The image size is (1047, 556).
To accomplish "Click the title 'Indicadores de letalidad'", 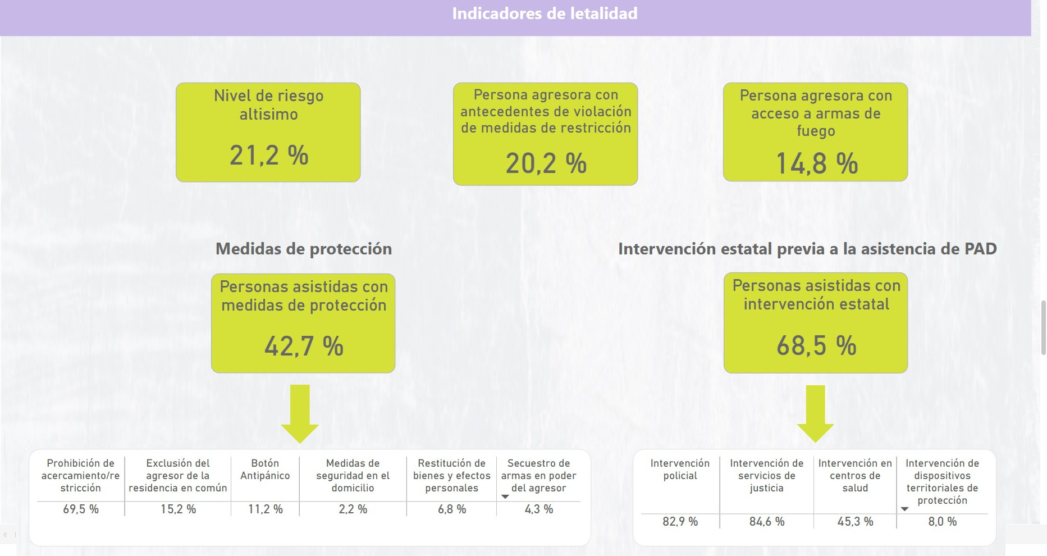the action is coord(545,13).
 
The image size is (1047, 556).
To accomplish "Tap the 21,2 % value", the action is coord(269,156).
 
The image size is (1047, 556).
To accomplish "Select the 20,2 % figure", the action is coord(546,163).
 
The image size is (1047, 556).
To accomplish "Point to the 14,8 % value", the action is coord(816,164).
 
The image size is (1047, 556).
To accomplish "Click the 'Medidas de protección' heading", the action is coord(304,249).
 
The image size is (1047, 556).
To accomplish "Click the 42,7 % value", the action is coord(304,346).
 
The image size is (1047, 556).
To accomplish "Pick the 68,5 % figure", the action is coord(816,345).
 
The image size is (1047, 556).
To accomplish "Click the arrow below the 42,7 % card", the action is coord(300,414).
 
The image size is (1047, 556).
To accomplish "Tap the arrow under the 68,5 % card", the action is coord(815,414).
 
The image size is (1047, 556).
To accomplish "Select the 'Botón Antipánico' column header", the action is coord(265,470).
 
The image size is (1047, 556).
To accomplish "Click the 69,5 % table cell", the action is coord(81,509).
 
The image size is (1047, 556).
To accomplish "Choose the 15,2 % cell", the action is coord(178,509).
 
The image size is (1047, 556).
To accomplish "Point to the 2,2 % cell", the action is coord(353,509).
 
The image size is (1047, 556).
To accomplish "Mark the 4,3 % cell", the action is coord(538,509).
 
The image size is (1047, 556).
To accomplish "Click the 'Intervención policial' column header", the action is coord(680,470).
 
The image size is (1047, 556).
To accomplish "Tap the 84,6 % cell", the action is coord(766,522).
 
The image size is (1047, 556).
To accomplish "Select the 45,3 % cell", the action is coord(855,522).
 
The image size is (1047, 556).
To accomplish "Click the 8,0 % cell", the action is coord(942,522).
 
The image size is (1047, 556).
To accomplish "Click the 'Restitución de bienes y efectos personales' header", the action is coord(451,476).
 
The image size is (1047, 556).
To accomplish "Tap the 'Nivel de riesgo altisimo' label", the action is coord(268,105).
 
